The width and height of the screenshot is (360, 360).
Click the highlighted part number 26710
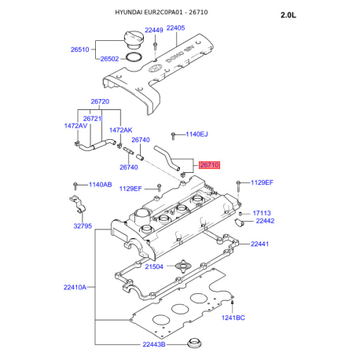209,165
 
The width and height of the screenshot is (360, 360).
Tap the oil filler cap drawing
134,39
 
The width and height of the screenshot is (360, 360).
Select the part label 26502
109,59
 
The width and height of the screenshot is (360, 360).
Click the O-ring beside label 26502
134,58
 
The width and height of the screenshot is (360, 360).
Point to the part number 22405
175,28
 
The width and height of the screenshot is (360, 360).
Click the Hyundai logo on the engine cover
156,68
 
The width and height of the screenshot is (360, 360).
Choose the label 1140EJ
197,134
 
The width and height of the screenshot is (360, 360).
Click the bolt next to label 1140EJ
173,136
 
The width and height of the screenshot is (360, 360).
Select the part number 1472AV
75,126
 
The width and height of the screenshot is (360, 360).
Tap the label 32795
83,226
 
